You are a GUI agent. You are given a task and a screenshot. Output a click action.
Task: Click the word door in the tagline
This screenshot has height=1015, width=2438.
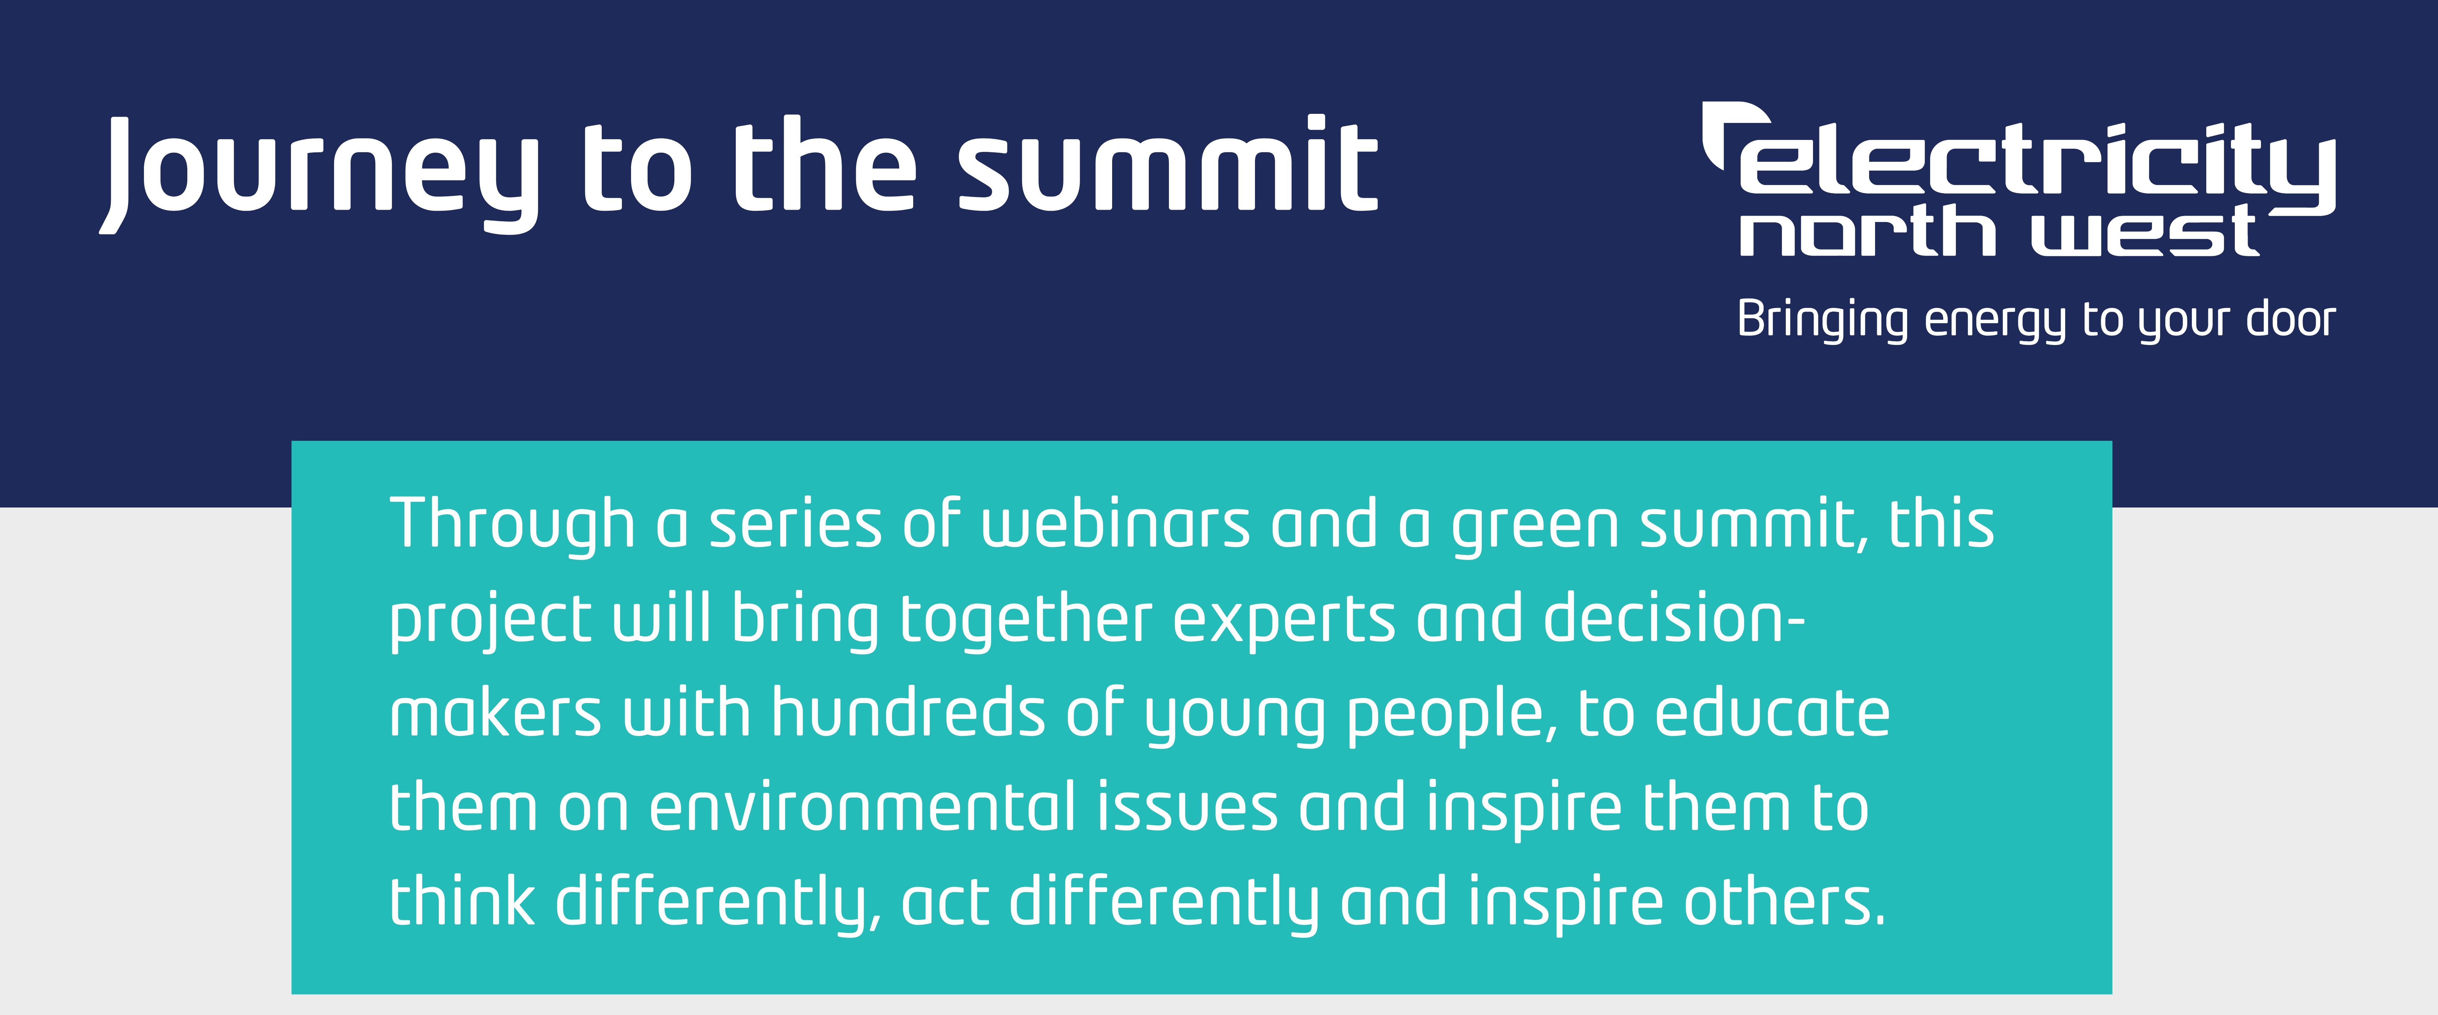tap(2290, 320)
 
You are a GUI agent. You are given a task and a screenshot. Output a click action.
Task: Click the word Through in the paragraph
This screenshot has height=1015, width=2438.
tap(511, 525)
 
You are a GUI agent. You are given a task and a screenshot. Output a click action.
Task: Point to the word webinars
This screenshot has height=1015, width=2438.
tap(1115, 525)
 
